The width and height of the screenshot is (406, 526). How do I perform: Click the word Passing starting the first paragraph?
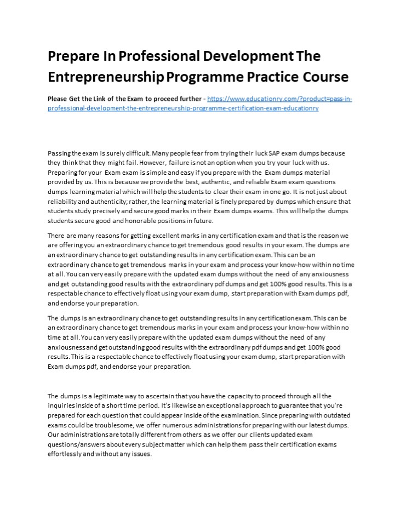point(60,154)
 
